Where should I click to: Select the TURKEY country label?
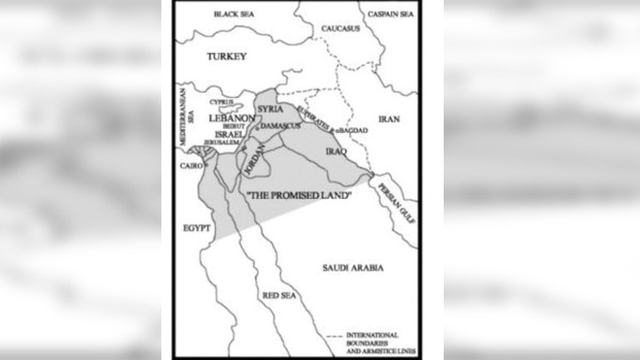227,56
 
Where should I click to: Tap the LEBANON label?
231,119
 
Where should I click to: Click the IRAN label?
389,119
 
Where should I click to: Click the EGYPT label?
198,226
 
